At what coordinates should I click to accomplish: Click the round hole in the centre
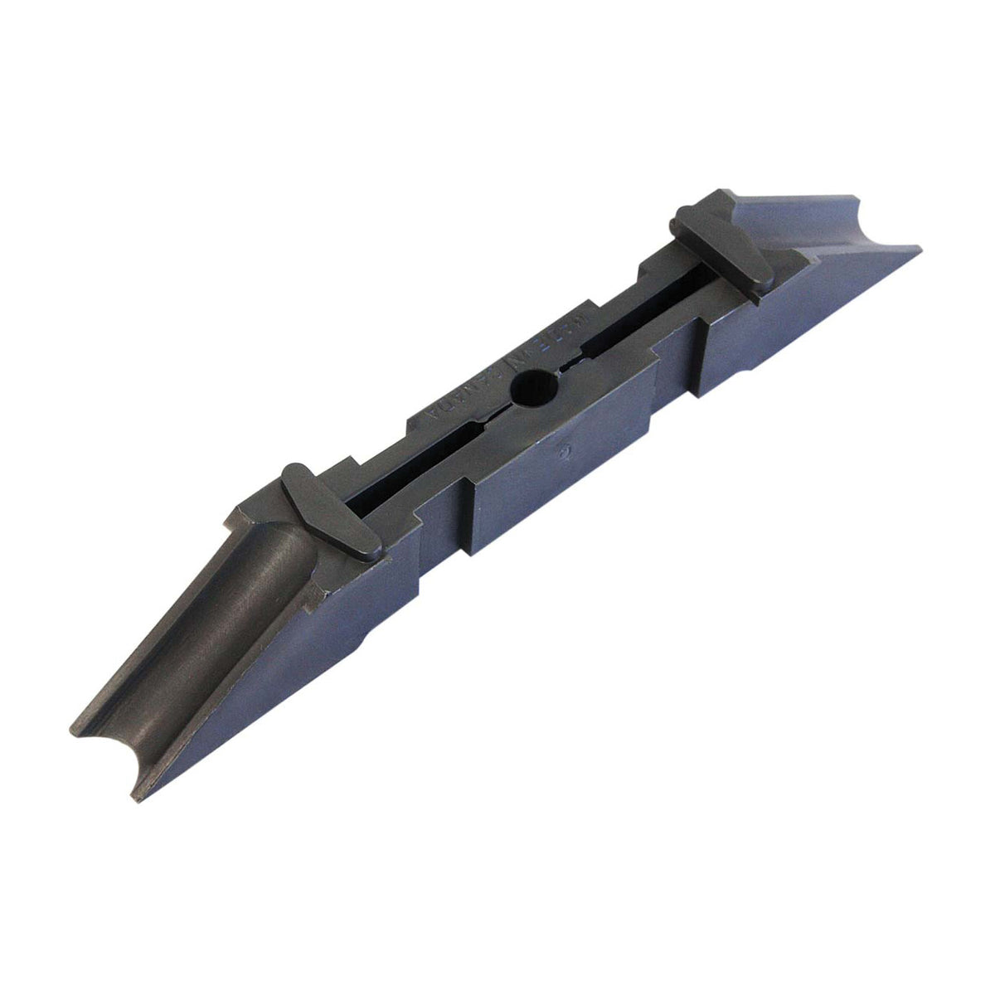[x=528, y=387]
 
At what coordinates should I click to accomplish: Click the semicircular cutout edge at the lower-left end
[x=104, y=738]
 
